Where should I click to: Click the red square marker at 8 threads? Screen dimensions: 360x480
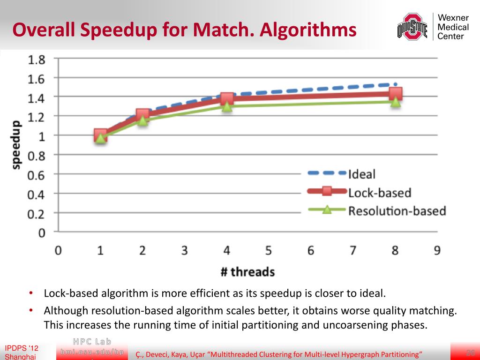point(395,94)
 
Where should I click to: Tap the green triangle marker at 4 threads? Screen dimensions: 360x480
point(227,106)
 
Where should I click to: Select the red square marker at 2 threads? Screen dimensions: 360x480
point(142,114)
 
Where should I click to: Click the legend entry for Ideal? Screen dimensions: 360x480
point(362,174)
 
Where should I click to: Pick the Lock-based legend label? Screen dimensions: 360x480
point(379,192)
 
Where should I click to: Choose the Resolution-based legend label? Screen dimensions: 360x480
point(397,211)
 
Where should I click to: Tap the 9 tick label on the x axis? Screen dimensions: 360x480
point(437,250)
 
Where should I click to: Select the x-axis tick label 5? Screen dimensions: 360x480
point(269,250)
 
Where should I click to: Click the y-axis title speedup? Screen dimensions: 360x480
point(16,144)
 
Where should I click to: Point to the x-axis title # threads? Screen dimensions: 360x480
point(247,272)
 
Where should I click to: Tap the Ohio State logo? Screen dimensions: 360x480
point(412,27)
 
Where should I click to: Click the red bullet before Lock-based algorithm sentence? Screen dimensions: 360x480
point(30,294)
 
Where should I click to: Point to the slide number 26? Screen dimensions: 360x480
point(471,352)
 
